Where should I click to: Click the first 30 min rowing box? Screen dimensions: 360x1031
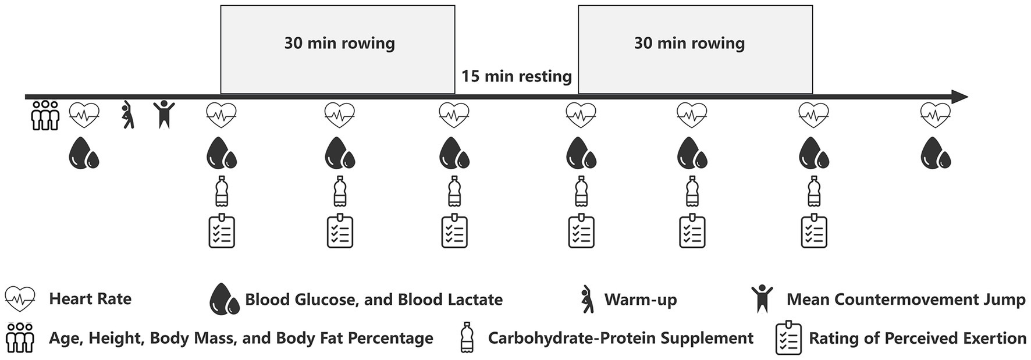(337, 49)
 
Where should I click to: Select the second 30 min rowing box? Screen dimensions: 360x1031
(695, 49)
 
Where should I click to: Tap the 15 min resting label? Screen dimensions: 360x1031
(517, 77)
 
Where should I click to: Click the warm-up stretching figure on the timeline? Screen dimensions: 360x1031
(127, 115)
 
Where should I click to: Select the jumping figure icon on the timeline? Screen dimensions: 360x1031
(163, 114)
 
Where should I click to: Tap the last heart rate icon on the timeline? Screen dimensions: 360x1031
(935, 115)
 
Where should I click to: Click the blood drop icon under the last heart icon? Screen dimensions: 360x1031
(935, 153)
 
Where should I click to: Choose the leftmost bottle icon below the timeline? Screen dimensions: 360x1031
(221, 191)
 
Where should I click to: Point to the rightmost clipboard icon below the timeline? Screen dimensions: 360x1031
(814, 231)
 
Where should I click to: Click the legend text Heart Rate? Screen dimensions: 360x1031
(90, 299)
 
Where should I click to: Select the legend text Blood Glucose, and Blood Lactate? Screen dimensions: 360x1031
(374, 300)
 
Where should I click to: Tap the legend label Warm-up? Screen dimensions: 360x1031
(640, 300)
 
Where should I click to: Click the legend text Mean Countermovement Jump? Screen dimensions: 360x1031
(905, 300)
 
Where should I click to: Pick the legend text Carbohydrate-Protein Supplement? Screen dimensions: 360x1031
(620, 338)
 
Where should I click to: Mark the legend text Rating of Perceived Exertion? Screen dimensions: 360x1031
(917, 338)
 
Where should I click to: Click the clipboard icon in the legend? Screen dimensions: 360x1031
(788, 338)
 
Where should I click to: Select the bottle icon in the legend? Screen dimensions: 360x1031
(466, 338)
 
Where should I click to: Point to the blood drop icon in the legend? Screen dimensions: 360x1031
(224, 299)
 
